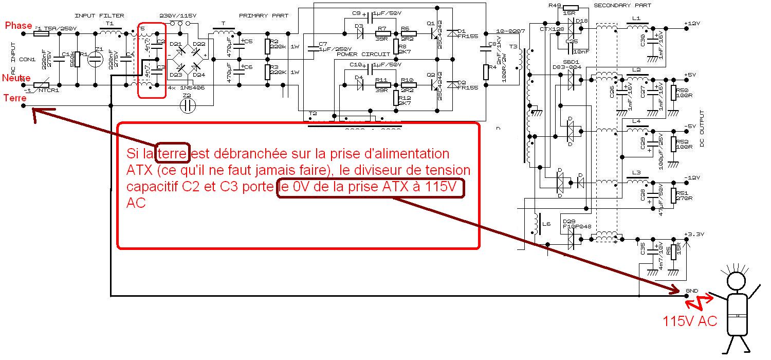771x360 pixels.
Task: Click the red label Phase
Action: [x=19, y=25]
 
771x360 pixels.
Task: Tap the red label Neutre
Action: [x=15, y=78]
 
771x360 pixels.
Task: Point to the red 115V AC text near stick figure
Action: [x=690, y=322]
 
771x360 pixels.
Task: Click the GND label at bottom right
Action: [x=692, y=291]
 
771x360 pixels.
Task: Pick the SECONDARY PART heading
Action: [x=622, y=6]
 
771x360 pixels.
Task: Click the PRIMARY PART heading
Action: [x=262, y=16]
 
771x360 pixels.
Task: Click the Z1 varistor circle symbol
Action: [x=96, y=59]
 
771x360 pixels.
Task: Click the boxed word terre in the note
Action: [x=173, y=153]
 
